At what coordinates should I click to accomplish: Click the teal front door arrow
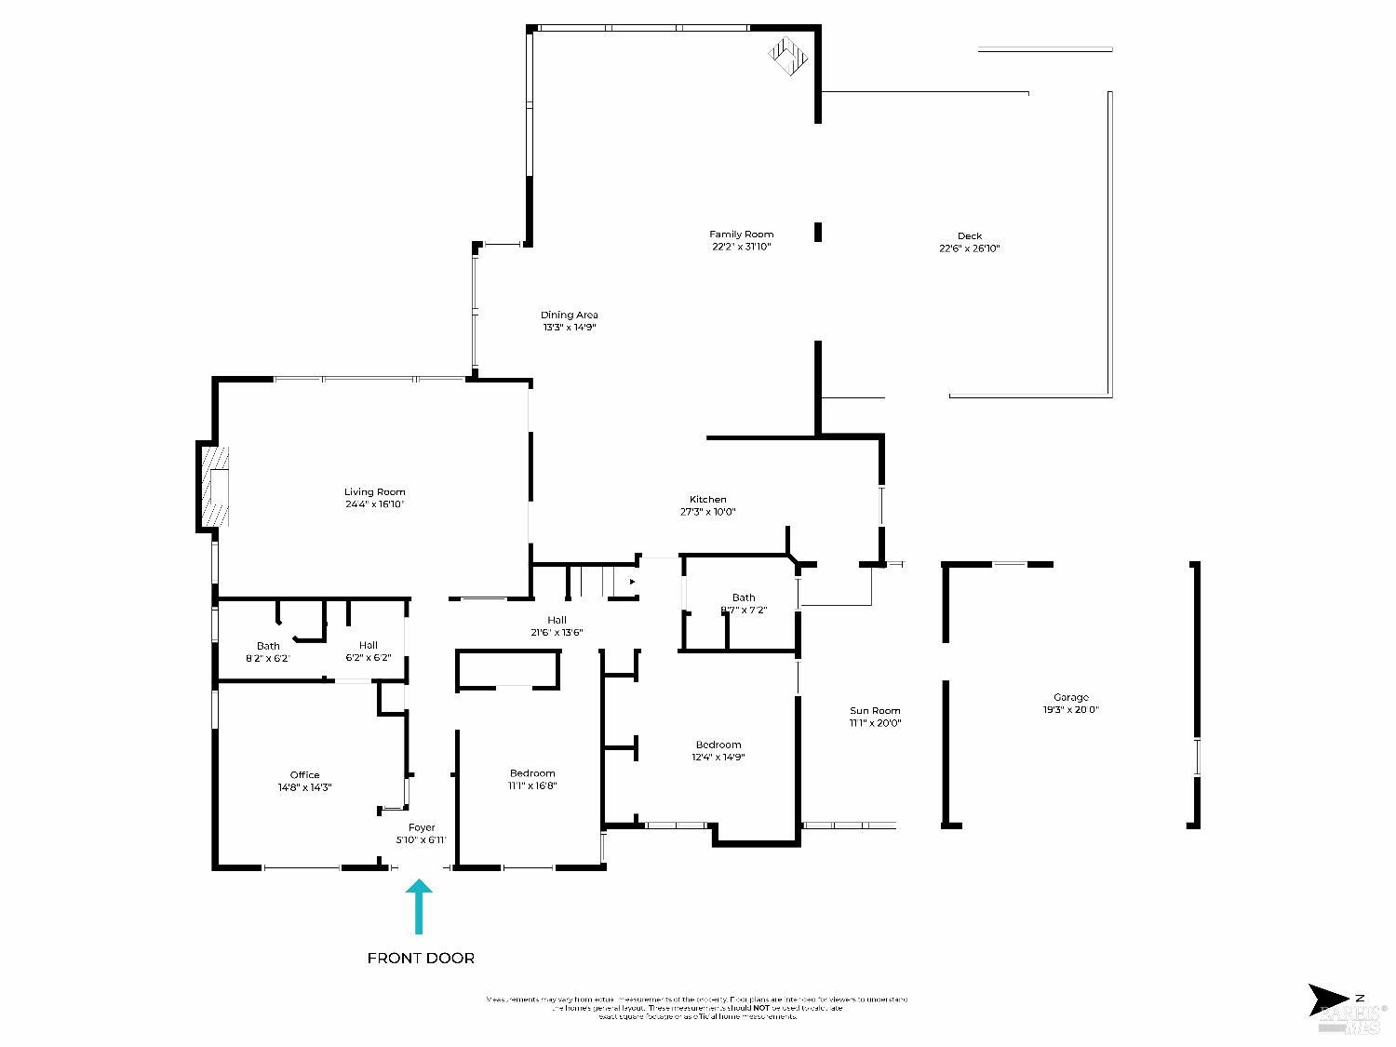(x=419, y=906)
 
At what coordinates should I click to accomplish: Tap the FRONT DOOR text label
(x=421, y=958)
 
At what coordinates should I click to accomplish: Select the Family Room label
(x=741, y=235)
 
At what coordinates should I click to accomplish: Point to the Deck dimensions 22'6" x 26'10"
(x=969, y=248)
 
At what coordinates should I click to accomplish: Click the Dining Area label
(x=569, y=315)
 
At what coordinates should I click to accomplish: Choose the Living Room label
(x=374, y=491)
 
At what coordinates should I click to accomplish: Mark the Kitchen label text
(x=707, y=500)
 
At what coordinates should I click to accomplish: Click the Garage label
(x=1070, y=697)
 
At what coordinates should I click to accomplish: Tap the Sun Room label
(x=875, y=711)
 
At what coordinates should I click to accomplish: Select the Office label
(x=304, y=774)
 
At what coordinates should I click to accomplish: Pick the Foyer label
(x=422, y=827)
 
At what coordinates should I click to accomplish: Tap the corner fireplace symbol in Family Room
(x=788, y=55)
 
